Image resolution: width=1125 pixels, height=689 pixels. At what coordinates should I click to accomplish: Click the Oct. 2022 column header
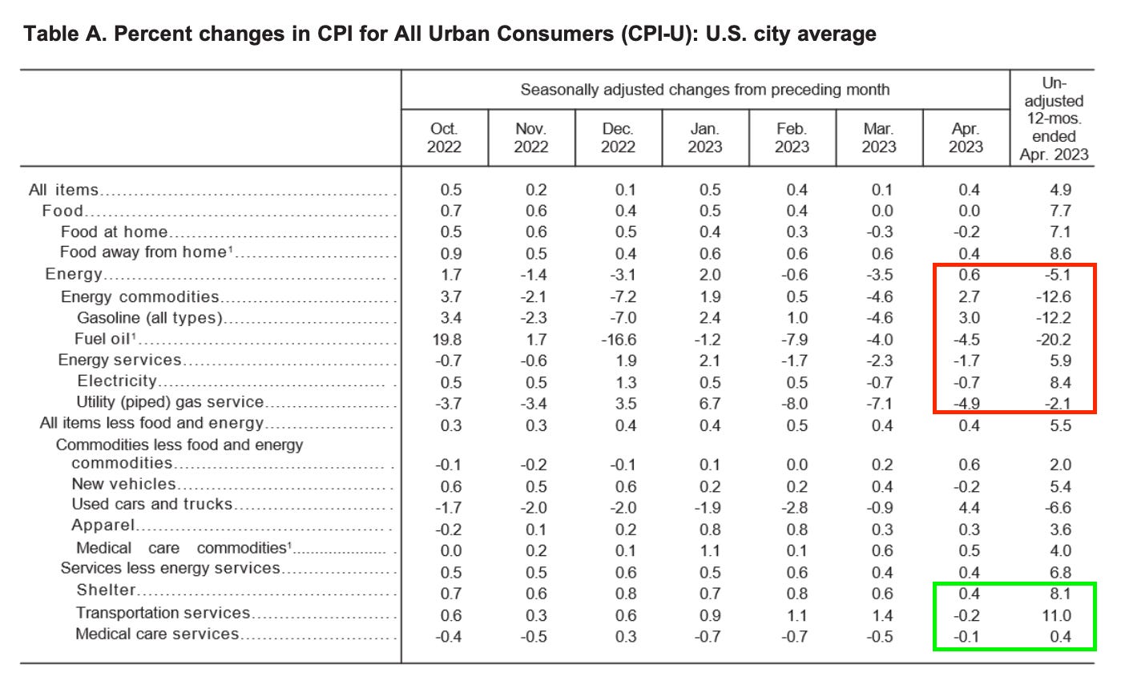pos(444,138)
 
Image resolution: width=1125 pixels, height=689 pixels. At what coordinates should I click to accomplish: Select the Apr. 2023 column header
pos(966,138)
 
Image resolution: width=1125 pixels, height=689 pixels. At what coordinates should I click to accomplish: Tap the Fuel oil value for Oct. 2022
pos(446,340)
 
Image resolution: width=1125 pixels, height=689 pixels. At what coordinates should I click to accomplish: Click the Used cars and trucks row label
pos(151,505)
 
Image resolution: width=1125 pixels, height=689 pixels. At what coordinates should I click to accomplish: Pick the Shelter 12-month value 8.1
pos(1060,594)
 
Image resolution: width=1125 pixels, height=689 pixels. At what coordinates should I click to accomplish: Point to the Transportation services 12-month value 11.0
pos(1059,616)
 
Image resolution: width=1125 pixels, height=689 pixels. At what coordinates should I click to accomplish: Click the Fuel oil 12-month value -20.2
pos(1055,340)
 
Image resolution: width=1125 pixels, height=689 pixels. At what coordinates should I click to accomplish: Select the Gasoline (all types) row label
pos(149,318)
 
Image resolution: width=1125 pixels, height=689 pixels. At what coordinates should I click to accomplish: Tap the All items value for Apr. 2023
pos(969,190)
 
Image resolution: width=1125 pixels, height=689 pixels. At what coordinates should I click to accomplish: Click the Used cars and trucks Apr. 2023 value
pos(969,507)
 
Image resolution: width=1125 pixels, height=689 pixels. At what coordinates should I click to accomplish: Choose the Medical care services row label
pos(157,635)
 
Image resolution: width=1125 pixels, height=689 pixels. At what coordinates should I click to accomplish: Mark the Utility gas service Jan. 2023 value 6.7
pos(709,404)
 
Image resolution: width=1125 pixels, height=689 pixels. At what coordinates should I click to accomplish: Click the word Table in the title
pos(50,34)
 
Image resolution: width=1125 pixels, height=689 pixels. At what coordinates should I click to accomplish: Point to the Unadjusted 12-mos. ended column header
pos(1053,119)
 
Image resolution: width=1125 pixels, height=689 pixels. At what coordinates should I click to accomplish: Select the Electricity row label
pos(117,381)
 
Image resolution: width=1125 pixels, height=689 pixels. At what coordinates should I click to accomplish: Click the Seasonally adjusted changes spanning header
pos(704,90)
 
